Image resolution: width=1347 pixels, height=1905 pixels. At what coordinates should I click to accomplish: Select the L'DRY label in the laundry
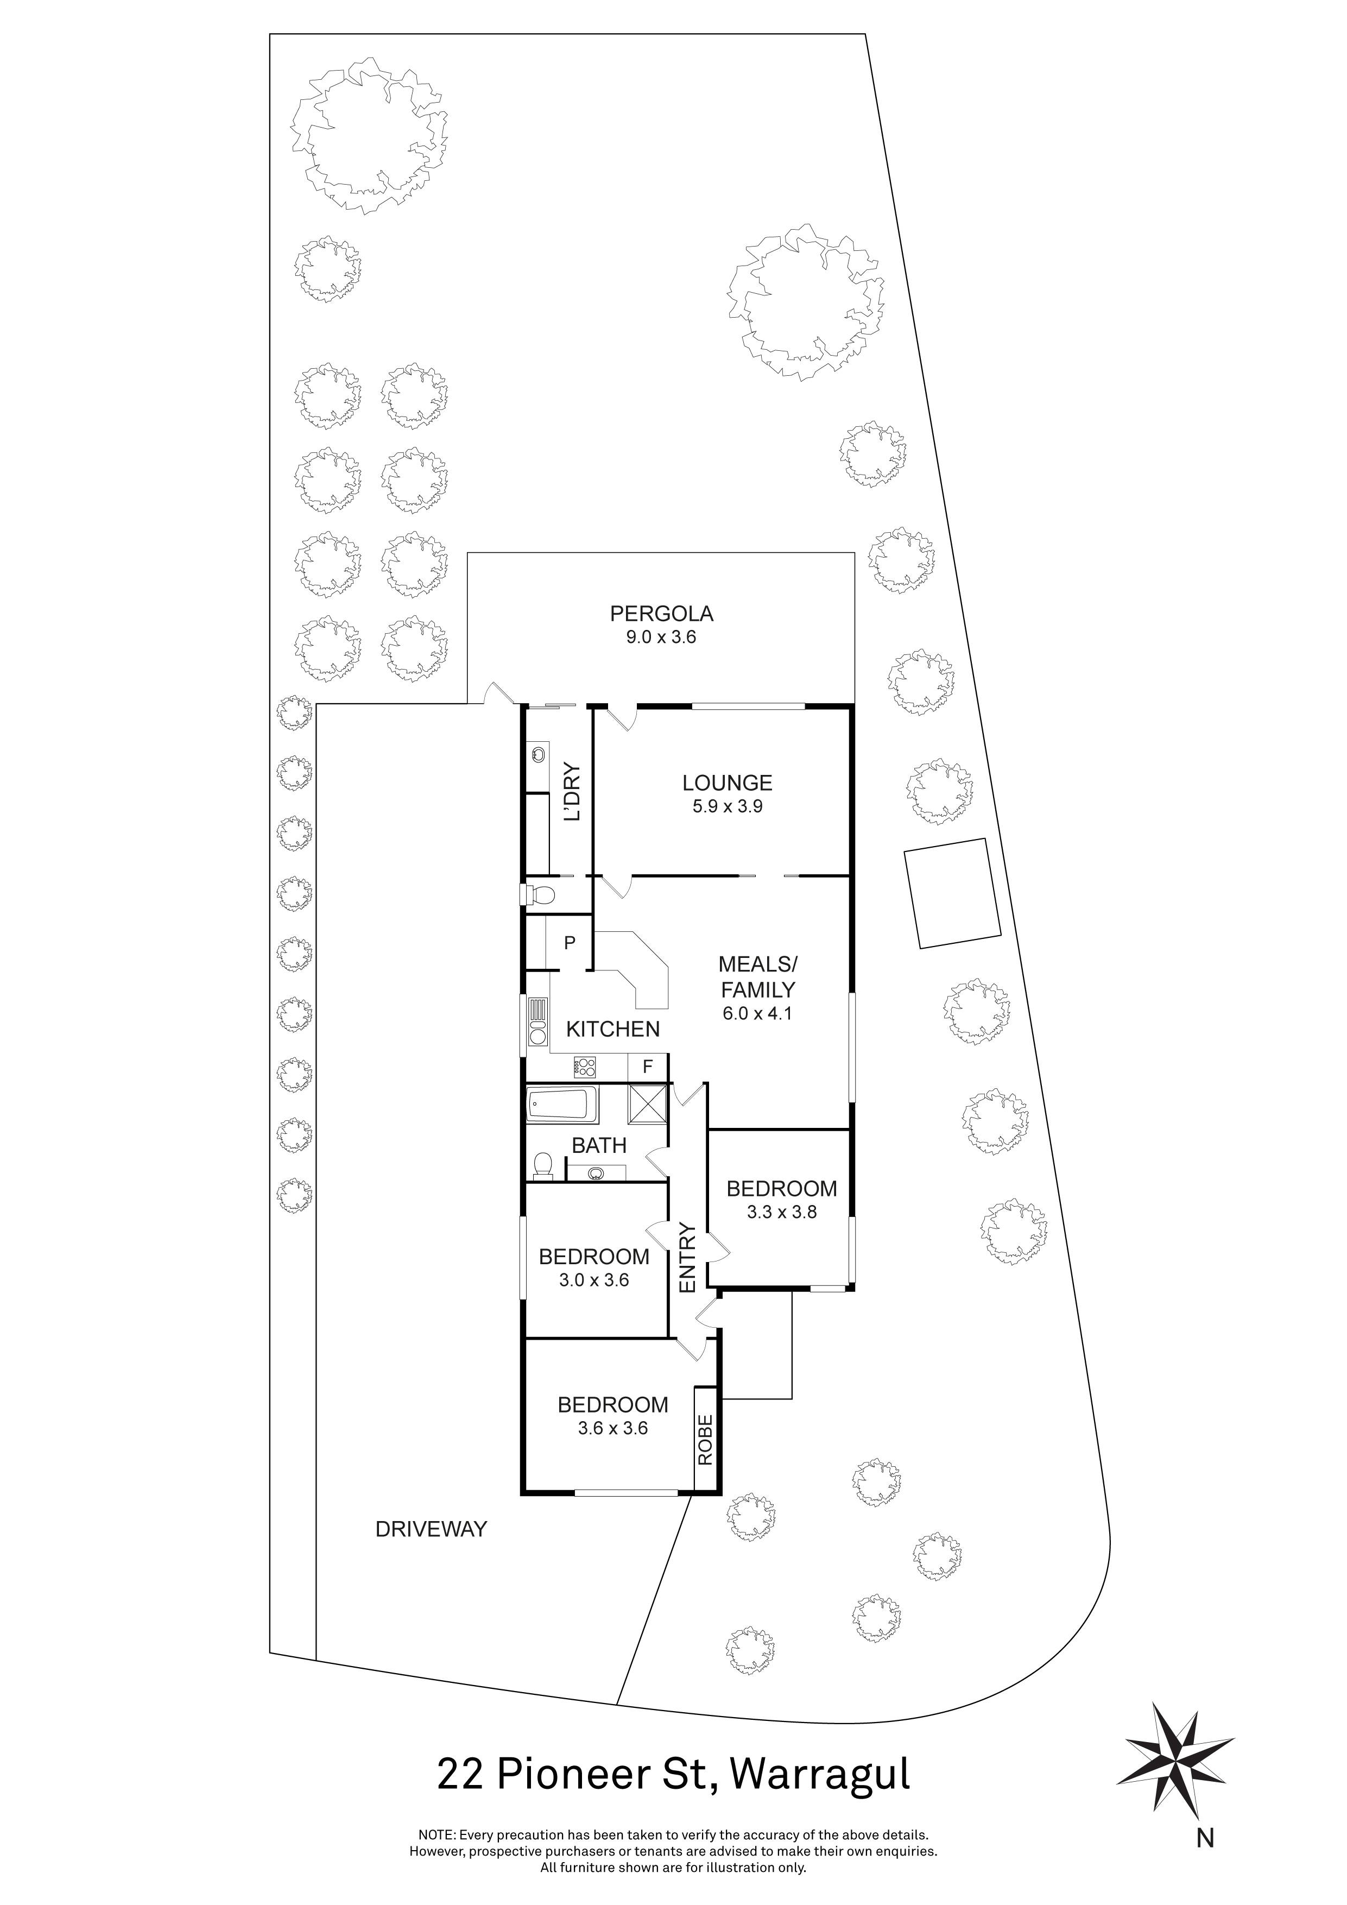coord(572,792)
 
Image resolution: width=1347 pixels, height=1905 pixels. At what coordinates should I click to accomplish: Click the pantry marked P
coord(570,943)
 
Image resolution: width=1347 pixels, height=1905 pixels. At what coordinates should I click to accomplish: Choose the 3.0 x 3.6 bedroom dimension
coord(594,1280)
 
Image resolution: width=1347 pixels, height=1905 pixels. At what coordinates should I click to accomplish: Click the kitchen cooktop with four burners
coord(585,1064)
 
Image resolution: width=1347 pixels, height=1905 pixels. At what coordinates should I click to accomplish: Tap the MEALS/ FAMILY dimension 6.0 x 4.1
coord(757,1013)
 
